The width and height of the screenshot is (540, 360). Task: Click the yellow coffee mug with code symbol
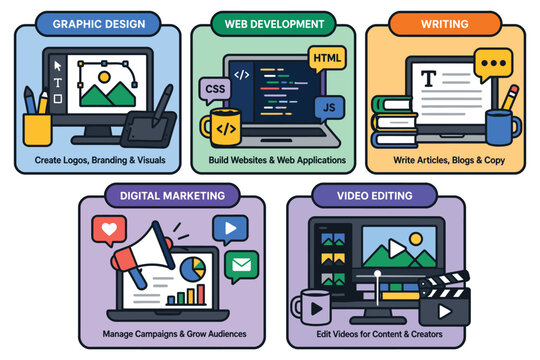coord(223,128)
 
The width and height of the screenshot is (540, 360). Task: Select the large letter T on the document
coord(429,78)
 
